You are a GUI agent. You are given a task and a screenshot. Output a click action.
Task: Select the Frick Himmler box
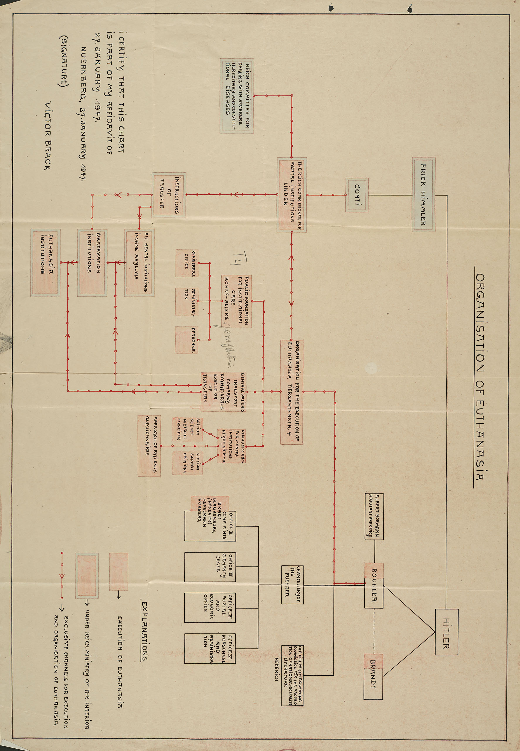click(x=424, y=195)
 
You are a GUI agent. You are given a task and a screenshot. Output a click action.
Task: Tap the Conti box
click(x=357, y=195)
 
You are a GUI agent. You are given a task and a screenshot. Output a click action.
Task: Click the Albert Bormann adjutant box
click(x=374, y=516)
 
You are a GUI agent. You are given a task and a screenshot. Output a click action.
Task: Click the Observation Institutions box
click(x=91, y=263)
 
